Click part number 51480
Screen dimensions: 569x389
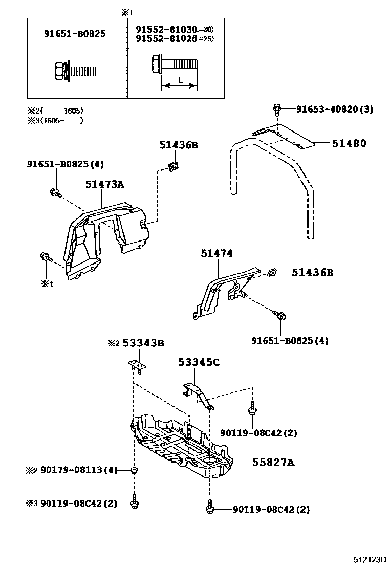coord(349,144)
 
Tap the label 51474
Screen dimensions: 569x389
coord(217,253)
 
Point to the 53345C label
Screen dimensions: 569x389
coord(199,363)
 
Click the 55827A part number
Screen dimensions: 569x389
coord(273,463)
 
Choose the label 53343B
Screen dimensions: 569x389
coord(143,343)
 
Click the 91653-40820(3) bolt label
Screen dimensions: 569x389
coord(335,109)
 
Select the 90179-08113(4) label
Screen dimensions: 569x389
coord(79,470)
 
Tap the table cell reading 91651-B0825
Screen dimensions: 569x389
coord(75,34)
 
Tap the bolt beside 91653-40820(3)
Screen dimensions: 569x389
coord(277,108)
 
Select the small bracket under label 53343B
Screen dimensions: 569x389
coord(136,365)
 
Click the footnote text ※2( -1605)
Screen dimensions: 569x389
coord(55,111)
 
